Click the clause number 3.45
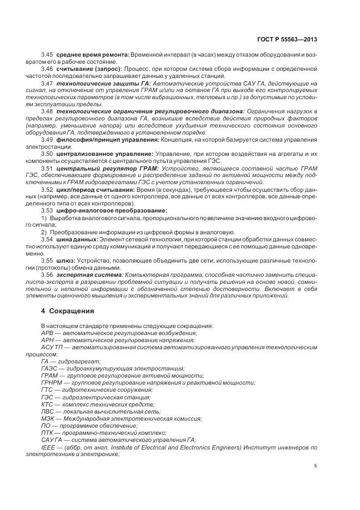[x=47, y=56]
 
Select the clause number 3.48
[x=47, y=111]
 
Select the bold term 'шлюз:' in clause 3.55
[x=65, y=260]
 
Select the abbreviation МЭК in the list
[x=48, y=418]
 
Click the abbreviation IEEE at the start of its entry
[x=48, y=447]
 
